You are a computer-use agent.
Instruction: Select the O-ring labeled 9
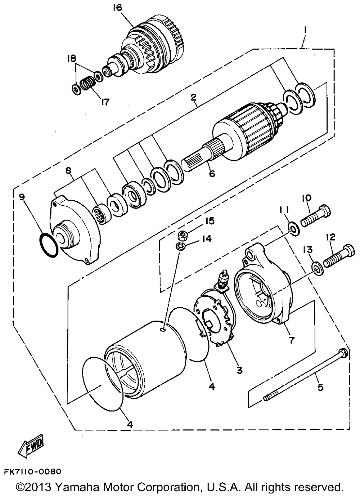pos(48,245)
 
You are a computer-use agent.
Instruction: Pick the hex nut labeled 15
pos(183,236)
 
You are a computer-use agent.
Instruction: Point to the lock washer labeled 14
pos(180,246)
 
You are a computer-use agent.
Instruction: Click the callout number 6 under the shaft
pos(212,174)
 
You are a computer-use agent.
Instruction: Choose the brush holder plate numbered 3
pos(214,317)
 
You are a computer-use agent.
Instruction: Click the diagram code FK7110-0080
pos(33,472)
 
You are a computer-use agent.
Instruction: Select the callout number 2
pos(193,97)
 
